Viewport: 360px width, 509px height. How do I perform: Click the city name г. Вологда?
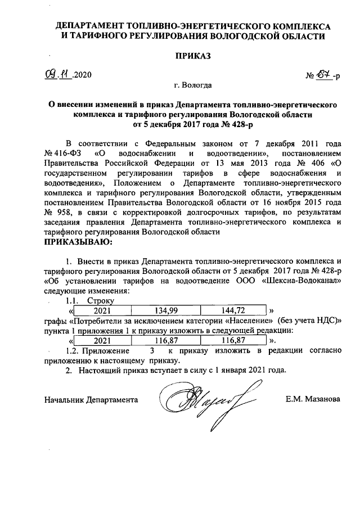[193, 86]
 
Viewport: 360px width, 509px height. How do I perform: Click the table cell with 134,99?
[165, 310]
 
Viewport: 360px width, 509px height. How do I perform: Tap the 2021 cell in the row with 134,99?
[102, 310]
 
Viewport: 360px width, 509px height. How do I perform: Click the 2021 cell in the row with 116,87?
[102, 341]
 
